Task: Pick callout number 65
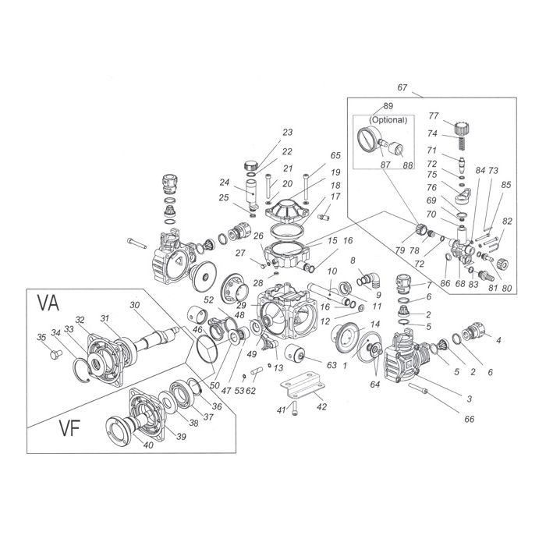tap(314, 157)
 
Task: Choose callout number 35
tap(41, 337)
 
